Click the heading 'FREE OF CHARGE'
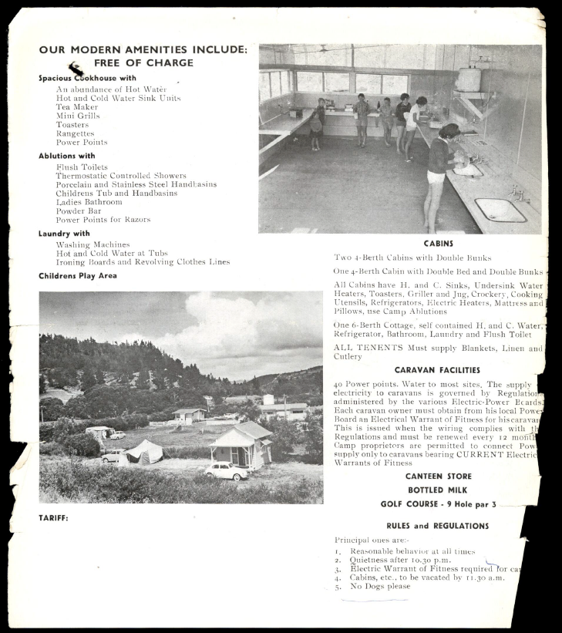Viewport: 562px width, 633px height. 143,63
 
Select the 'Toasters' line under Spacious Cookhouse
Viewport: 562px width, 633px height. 72,125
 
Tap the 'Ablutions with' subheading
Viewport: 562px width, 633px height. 67,156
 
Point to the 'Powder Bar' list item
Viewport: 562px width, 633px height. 79,210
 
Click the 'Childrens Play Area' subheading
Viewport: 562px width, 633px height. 78,275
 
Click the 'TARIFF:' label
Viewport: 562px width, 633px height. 53,518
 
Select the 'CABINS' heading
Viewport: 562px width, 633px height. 438,243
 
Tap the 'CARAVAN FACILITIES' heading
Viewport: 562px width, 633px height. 437,370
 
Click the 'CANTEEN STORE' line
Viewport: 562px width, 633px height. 438,476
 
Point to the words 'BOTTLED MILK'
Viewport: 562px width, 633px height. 438,490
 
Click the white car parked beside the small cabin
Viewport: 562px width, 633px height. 227,471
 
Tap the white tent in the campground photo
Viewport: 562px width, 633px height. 144,452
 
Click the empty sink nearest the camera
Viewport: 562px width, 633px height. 499,210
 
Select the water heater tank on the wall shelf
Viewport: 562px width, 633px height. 469,79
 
